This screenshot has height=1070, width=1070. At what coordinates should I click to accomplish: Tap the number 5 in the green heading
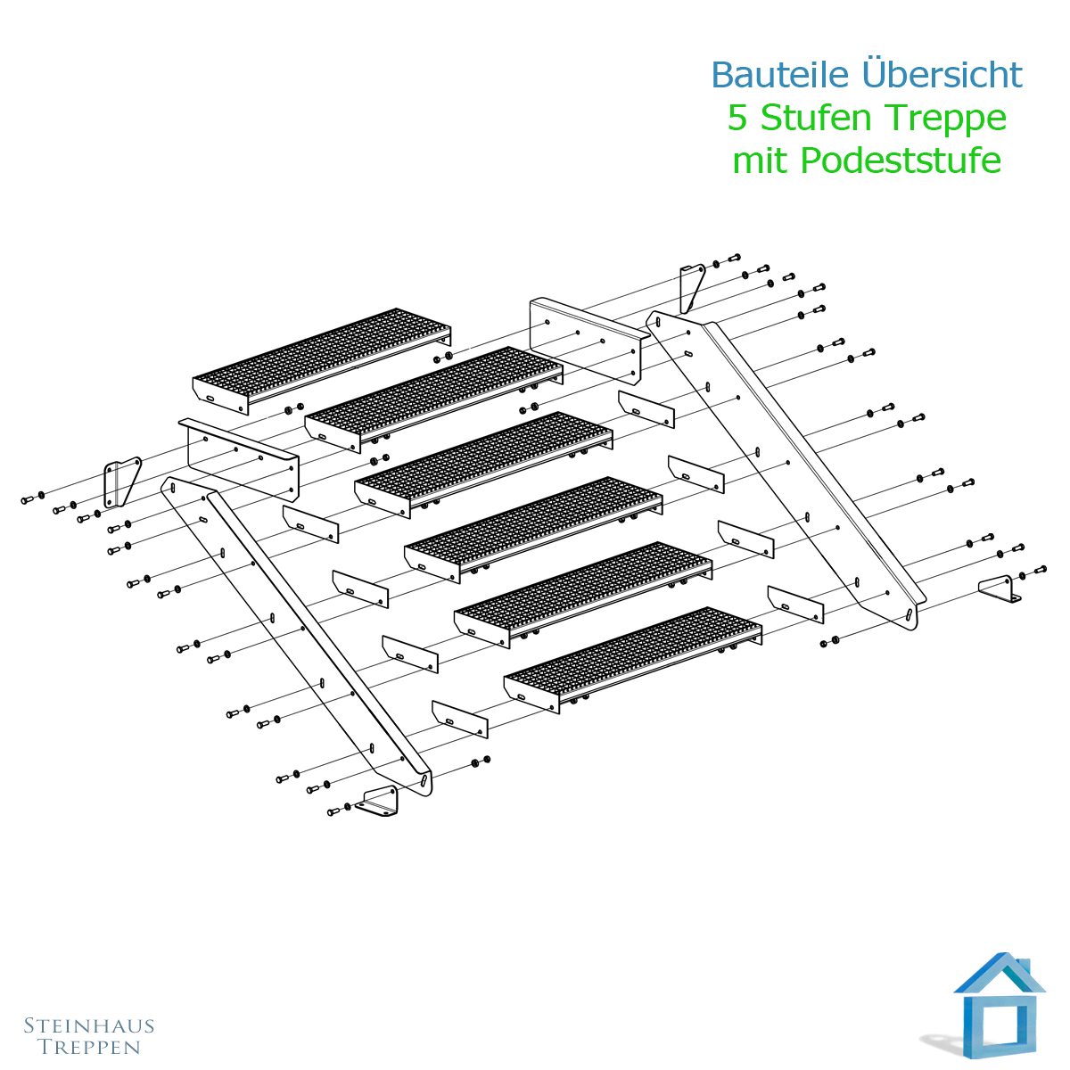(x=737, y=118)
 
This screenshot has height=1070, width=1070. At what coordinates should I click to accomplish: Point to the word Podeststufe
(x=901, y=160)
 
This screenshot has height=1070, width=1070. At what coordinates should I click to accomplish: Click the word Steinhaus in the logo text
(x=89, y=1025)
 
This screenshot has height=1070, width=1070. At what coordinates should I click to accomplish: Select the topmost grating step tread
(x=322, y=361)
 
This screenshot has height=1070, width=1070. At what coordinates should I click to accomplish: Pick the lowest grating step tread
(x=633, y=660)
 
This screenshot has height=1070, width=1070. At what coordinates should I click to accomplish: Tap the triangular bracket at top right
(x=692, y=288)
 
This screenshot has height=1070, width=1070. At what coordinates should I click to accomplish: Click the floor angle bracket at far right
(x=1000, y=589)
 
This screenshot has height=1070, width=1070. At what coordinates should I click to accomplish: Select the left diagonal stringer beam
(x=297, y=636)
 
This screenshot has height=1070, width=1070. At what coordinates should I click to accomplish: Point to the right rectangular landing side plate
(x=588, y=341)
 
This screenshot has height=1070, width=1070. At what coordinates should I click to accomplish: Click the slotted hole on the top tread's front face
(x=210, y=398)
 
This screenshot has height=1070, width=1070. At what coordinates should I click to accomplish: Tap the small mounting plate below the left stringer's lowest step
(x=460, y=719)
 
